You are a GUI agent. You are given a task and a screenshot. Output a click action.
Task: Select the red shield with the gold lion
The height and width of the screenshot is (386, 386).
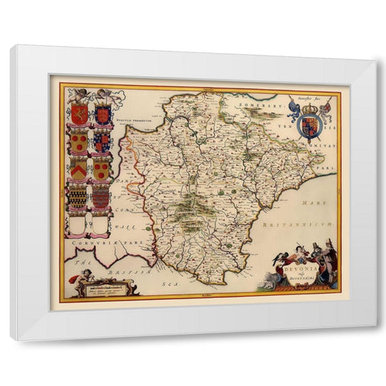78,115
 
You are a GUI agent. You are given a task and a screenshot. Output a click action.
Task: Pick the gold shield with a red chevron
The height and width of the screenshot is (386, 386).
78,169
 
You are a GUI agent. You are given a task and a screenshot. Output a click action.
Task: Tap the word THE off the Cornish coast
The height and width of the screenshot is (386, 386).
77,262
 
